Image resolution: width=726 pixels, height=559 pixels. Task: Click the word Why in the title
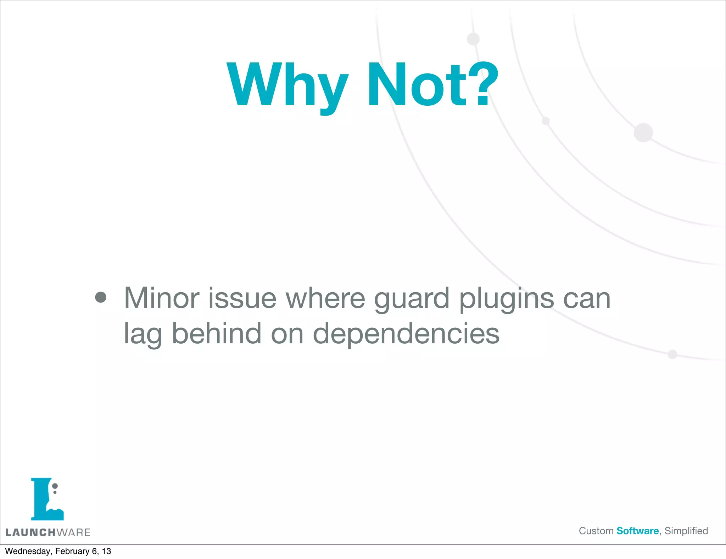tap(287, 85)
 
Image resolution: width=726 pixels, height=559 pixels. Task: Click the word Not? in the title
tap(432, 85)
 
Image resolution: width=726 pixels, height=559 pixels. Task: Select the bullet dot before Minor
tap(101, 297)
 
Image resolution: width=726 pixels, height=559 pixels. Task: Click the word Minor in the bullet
tap(161, 298)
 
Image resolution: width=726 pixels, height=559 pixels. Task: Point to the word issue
tap(242, 298)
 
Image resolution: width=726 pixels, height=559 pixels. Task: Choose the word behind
tap(217, 333)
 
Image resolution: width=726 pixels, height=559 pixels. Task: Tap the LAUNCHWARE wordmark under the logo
tap(48, 532)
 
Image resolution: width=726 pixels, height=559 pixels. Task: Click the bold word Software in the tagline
tap(637, 531)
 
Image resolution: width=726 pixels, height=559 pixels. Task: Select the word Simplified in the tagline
tap(686, 531)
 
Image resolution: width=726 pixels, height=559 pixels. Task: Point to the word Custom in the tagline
tap(596, 531)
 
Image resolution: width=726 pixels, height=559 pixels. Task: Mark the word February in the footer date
tap(72, 551)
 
